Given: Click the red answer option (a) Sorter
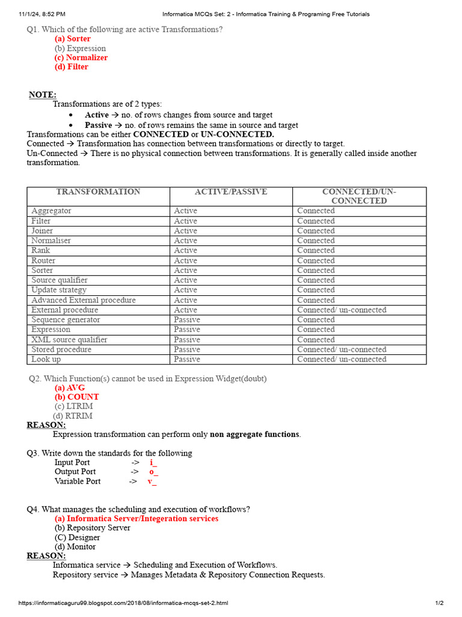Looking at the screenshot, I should click(72, 39).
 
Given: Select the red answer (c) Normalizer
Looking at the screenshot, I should click(81, 57).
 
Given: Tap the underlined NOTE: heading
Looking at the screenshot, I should click(43, 95).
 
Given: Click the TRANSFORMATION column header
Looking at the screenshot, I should click(98, 192).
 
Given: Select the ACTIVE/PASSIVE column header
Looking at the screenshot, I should click(231, 192).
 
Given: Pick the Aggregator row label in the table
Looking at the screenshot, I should click(51, 211).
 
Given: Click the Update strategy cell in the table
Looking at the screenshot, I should click(59, 290).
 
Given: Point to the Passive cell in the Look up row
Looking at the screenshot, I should click(187, 359).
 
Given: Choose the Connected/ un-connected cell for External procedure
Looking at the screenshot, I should click(342, 310).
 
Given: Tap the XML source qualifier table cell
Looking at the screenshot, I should click(69, 339).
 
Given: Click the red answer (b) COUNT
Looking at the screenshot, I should click(76, 397).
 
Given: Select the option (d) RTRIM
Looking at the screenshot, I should click(73, 416).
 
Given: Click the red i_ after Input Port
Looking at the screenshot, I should click(153, 463).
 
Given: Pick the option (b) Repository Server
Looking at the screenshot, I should click(92, 528).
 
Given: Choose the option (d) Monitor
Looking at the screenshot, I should click(75, 547).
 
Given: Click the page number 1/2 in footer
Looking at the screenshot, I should click(439, 603).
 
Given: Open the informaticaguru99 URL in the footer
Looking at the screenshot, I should click(123, 603).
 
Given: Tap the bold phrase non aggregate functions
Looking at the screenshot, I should click(254, 434).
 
